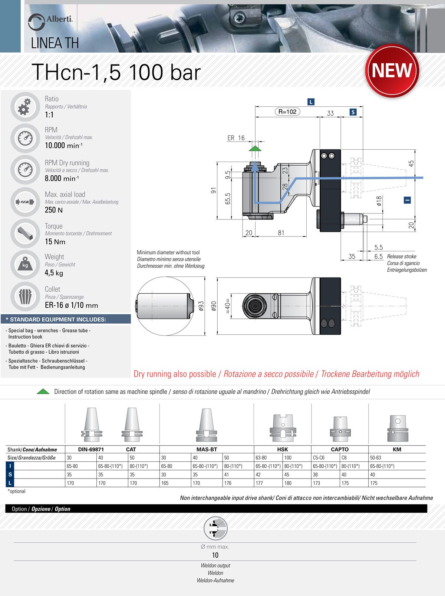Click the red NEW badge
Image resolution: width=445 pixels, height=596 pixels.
[x=392, y=70]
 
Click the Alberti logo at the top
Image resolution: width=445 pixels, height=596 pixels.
[x=50, y=21]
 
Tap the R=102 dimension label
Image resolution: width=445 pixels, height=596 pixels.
[x=287, y=112]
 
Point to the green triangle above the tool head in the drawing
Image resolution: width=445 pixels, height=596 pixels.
[x=255, y=148]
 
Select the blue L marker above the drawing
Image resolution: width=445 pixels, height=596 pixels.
[x=311, y=102]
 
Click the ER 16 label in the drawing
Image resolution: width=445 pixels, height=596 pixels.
[x=236, y=138]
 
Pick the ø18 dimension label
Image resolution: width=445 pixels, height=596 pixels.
[x=379, y=201]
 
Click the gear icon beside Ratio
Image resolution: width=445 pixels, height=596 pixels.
[x=24, y=106]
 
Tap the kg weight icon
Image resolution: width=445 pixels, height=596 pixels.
[x=25, y=265]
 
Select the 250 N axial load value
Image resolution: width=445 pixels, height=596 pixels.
[x=54, y=210]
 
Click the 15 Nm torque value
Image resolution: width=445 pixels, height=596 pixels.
[x=55, y=242]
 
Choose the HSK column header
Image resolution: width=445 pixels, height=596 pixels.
[x=283, y=449]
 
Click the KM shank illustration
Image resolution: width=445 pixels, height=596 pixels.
[x=397, y=428]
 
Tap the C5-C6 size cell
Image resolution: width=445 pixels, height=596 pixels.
[x=319, y=458]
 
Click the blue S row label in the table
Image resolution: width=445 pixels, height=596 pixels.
[x=10, y=474]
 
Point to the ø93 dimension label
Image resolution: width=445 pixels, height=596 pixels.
[x=201, y=306]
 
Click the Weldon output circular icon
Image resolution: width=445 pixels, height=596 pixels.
[x=215, y=528]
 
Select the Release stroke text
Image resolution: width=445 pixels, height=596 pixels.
[x=402, y=256]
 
